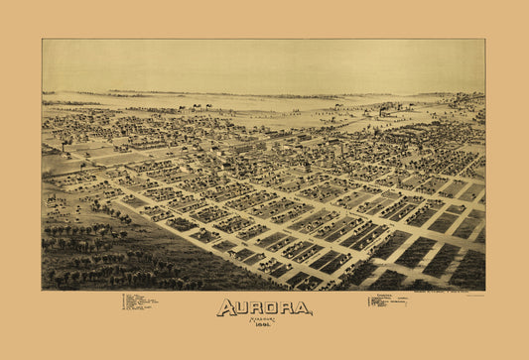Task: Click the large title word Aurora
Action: pos(263,308)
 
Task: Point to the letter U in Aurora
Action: pos(242,308)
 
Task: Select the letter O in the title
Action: pos(273,308)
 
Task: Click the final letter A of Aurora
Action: pos(302,308)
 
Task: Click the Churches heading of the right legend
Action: pos(378,295)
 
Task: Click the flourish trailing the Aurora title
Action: pos(307,314)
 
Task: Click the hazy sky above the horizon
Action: pos(263,64)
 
